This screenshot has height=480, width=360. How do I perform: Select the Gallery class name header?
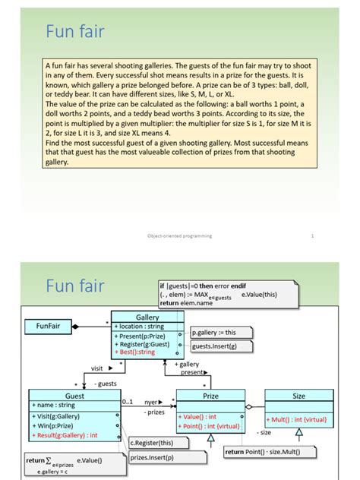pyautogui.click(x=147, y=317)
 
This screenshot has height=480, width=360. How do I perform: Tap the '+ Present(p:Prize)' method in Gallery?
pyautogui.click(x=142, y=335)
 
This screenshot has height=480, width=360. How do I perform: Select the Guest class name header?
pyautogui.click(x=74, y=396)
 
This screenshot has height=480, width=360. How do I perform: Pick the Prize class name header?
pyautogui.click(x=210, y=396)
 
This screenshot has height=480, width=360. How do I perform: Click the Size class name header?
pyautogui.click(x=298, y=396)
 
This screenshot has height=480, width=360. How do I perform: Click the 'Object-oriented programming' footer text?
pyautogui.click(x=179, y=236)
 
